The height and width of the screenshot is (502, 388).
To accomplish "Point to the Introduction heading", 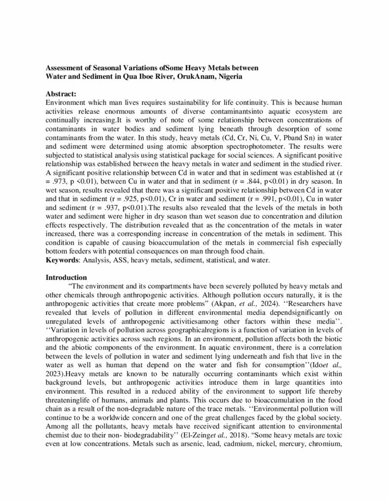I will (66, 277).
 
